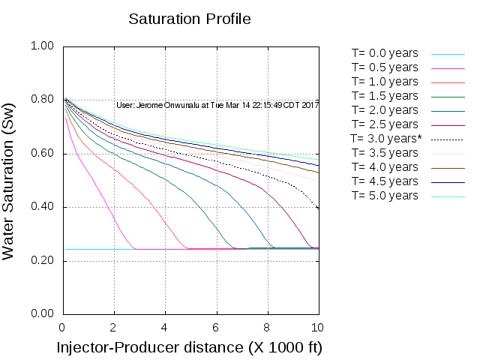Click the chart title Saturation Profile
pos(189,19)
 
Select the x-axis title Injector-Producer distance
pos(189,348)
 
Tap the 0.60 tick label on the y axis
pos(42,154)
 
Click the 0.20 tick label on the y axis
pos(42,261)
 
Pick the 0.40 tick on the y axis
pos(42,208)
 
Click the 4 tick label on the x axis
pos(164,327)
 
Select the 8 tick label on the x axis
pos(266,327)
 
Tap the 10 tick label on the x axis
pos(317,327)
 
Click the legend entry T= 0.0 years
pos(385,53)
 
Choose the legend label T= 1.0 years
pos(385,82)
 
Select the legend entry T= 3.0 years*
pos(386,139)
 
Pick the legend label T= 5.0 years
pos(385,196)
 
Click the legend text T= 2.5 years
pos(385,124)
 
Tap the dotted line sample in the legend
pos(448,139)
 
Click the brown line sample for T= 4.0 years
pos(448,168)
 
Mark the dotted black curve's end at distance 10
pos(318,208)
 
